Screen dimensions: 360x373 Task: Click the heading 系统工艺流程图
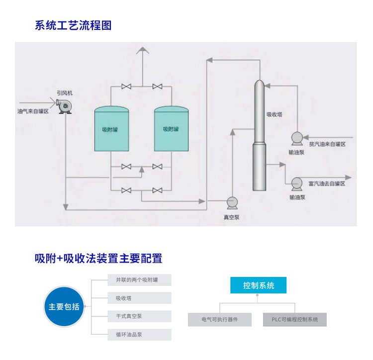click(x=73, y=25)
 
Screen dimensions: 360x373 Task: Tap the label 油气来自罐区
click(x=33, y=111)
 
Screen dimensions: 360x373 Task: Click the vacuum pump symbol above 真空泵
click(x=232, y=202)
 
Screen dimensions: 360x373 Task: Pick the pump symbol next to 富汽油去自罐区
click(x=297, y=183)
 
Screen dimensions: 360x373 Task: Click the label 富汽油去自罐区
click(x=326, y=183)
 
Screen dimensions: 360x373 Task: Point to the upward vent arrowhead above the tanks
click(x=143, y=50)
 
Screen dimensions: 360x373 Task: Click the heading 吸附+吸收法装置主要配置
click(x=98, y=258)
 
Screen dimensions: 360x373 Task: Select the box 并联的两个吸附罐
click(x=139, y=280)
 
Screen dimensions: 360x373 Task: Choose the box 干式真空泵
click(x=139, y=316)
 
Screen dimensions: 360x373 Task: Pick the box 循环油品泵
click(x=139, y=335)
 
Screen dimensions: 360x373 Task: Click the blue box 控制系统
click(x=259, y=285)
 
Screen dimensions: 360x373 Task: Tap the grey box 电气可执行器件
click(x=220, y=319)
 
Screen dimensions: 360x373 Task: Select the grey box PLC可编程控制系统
click(x=295, y=319)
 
